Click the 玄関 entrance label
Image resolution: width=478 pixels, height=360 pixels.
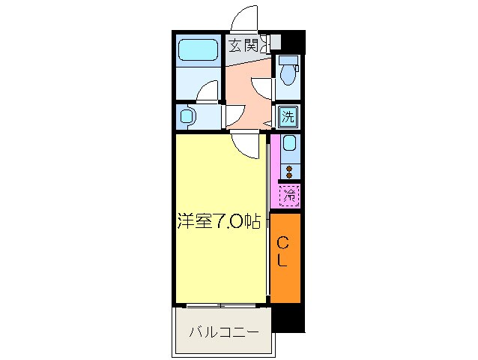click(243, 46)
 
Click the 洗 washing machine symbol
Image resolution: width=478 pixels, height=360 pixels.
click(288, 116)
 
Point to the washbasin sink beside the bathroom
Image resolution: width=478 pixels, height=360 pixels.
click(188, 116)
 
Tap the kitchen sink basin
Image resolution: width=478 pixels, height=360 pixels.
click(289, 146)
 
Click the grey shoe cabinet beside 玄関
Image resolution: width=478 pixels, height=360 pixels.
click(275, 43)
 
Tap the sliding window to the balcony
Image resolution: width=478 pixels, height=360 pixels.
click(221, 305)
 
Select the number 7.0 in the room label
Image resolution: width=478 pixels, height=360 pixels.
click(228, 222)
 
